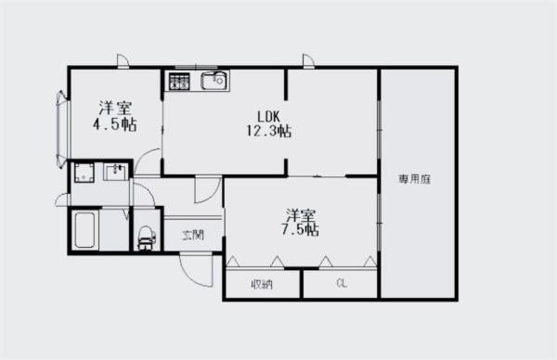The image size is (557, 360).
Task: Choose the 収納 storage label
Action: [261, 284]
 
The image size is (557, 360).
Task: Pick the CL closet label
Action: [342, 284]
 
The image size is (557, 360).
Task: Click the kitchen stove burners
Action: [179, 82]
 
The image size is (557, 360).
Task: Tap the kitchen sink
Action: [214, 81]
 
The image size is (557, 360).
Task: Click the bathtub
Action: [85, 230]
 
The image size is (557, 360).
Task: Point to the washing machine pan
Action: [85, 174]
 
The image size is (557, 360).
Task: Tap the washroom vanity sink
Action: [118, 172]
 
